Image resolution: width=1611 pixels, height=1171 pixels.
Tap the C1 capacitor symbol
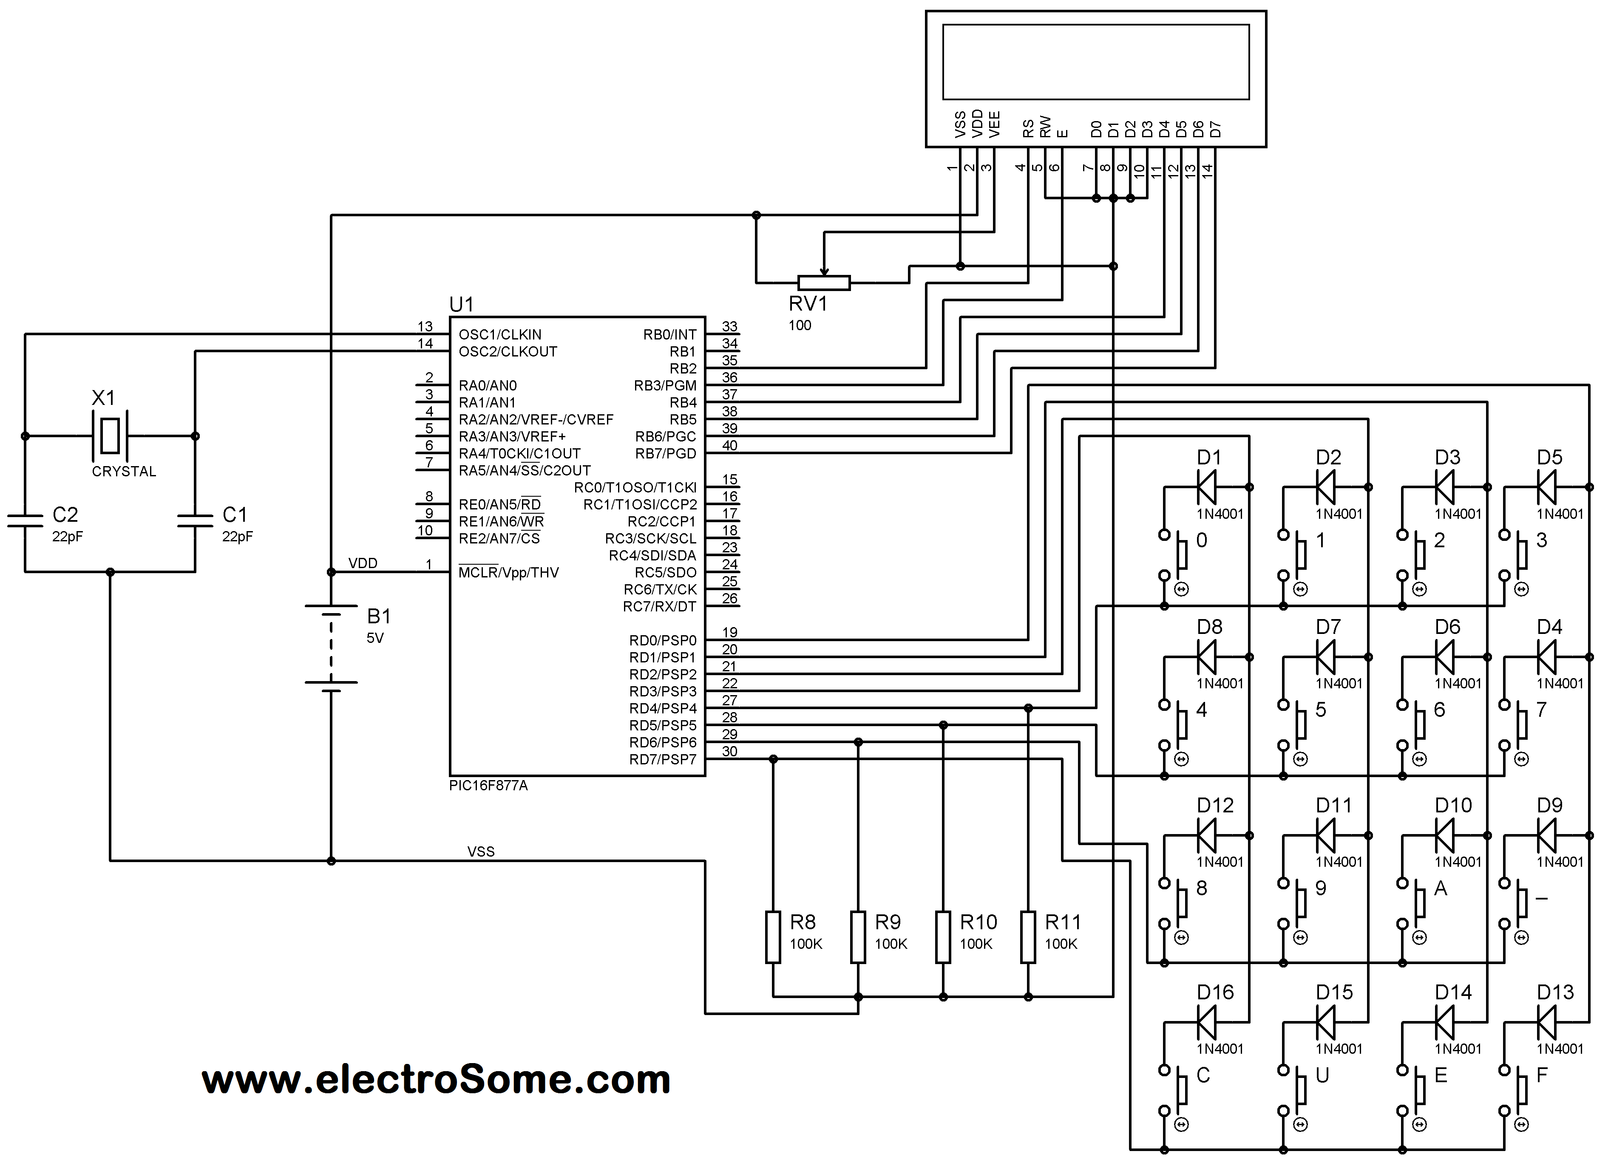[196, 520]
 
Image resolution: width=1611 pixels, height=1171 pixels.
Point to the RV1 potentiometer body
[824, 283]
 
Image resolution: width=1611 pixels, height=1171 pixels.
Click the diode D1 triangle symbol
[1206, 487]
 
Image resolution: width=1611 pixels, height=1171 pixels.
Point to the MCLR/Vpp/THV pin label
[508, 572]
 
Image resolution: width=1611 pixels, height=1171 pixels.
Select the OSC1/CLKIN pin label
[500, 334]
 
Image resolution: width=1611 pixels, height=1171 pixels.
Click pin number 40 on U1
[729, 445]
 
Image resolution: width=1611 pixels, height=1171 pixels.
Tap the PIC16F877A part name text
[489, 786]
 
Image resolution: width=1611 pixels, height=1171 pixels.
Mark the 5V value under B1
[375, 638]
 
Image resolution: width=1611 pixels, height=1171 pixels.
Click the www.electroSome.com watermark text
[436, 1080]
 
